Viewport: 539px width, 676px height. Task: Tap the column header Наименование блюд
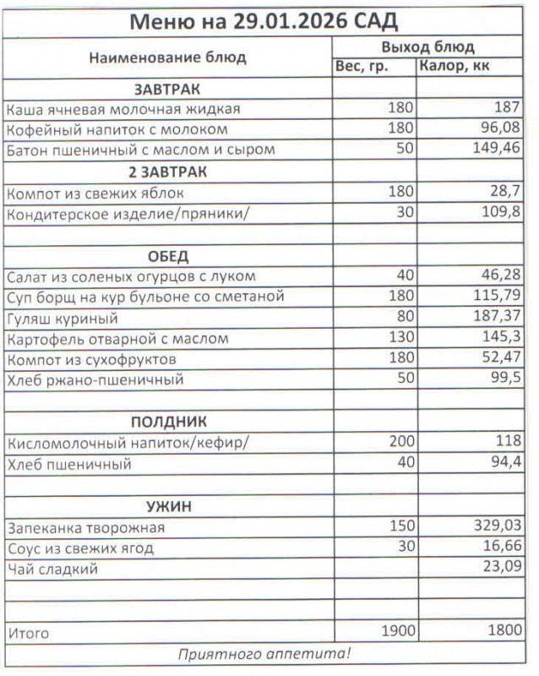(167, 57)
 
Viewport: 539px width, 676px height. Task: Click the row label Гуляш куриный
(62, 319)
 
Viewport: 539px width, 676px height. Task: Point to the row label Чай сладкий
(52, 569)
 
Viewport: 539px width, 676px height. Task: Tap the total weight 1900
(394, 631)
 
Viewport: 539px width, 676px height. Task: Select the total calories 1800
(498, 631)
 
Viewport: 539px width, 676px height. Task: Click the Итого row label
(29, 633)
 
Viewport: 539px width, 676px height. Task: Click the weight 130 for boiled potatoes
(400, 339)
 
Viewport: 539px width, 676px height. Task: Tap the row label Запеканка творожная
(85, 527)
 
